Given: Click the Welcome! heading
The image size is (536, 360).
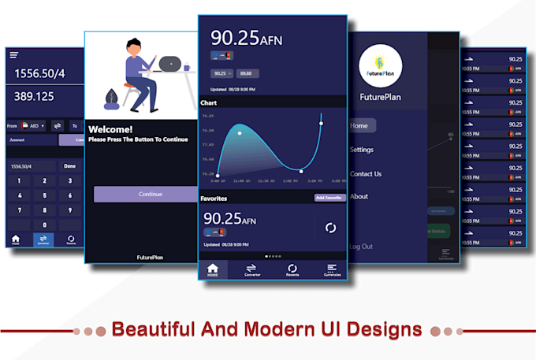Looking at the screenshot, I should [x=110, y=129].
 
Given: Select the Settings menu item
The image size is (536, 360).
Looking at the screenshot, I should [x=362, y=150].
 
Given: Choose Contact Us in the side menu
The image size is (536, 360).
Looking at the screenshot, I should [x=366, y=173].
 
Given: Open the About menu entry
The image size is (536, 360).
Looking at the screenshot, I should [x=359, y=196].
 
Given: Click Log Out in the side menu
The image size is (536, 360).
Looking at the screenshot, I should [x=362, y=247].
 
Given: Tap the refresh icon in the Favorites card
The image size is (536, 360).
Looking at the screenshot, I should [x=330, y=228].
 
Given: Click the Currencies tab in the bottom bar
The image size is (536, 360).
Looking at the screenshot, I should [x=332, y=270].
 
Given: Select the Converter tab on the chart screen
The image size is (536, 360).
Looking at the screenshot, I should [x=252, y=270].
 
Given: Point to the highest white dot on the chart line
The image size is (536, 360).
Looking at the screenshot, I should [x=321, y=123].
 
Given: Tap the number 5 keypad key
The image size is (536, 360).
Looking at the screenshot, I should [x=46, y=195].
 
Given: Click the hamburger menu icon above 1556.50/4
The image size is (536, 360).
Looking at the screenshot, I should [x=14, y=54].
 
